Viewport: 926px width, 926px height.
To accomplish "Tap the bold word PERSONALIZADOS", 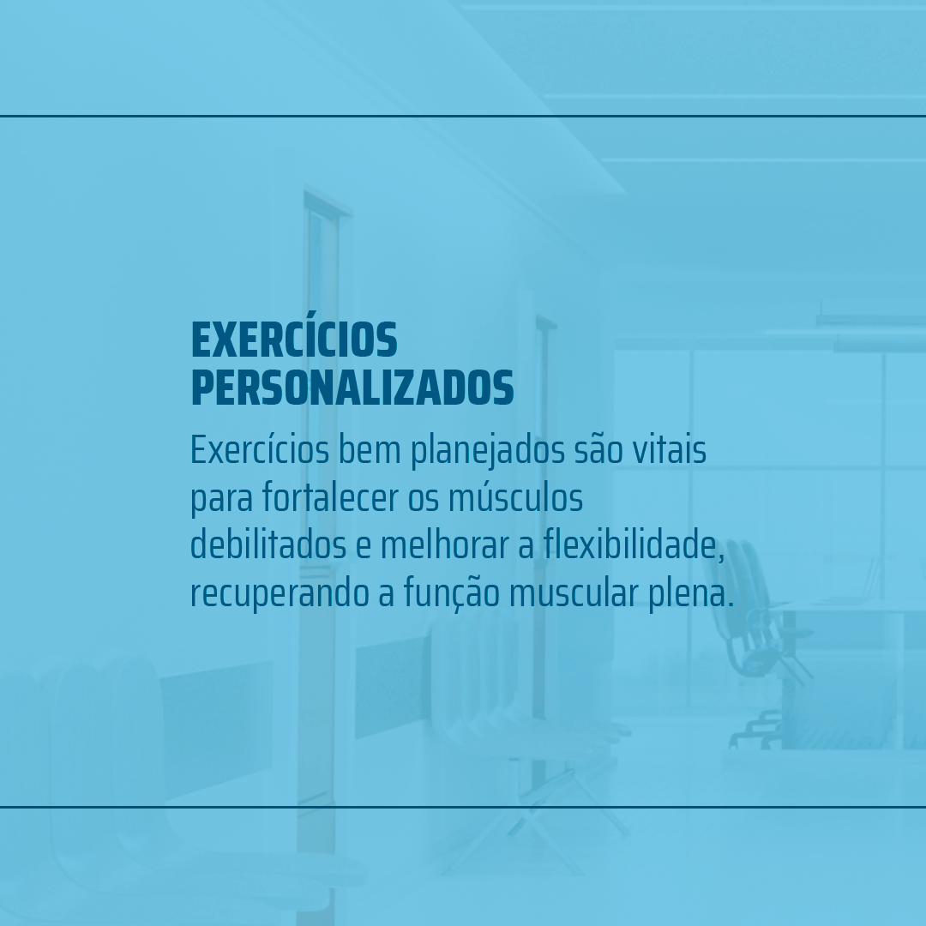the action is (352, 388).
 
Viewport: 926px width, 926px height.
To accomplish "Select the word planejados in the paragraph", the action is (488, 452).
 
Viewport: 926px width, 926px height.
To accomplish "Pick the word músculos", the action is (515, 498).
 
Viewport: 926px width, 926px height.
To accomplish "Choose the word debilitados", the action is (268, 545).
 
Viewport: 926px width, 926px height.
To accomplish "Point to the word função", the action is (452, 593).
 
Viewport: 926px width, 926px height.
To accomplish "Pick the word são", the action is (598, 451).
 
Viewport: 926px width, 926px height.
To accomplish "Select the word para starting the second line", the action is (222, 500).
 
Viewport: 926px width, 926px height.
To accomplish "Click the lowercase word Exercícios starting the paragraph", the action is (260, 450).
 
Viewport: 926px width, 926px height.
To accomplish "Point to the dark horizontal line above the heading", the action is (463, 117).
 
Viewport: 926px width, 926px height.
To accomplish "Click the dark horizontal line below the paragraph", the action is (463, 807).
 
